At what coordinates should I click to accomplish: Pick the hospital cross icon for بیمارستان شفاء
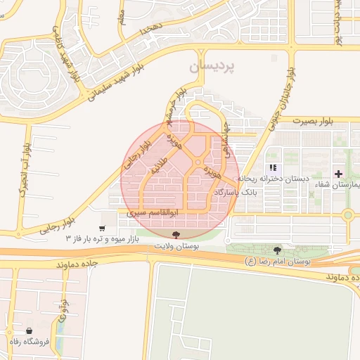click(339, 173)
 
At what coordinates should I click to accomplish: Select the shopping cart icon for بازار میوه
click(103, 228)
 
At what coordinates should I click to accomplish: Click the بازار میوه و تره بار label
click(103, 239)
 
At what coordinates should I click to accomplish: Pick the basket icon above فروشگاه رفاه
click(29, 330)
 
